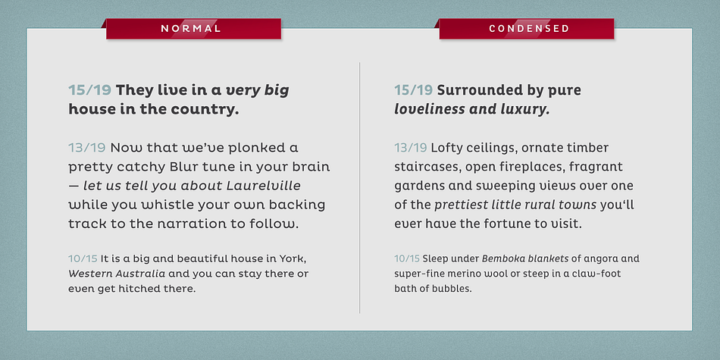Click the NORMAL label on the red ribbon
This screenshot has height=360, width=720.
pos(190,29)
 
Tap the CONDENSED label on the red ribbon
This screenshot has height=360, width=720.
pos(529,29)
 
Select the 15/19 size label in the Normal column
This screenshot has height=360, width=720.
pos(90,90)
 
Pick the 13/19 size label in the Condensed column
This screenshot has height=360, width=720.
pos(411,148)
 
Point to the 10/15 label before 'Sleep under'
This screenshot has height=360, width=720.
pos(407,258)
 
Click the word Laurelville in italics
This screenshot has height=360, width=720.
pos(264,186)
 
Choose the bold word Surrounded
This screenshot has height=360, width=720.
pos(467,90)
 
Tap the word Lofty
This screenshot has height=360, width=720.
pos(445,149)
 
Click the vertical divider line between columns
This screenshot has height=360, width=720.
pos(359,188)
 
